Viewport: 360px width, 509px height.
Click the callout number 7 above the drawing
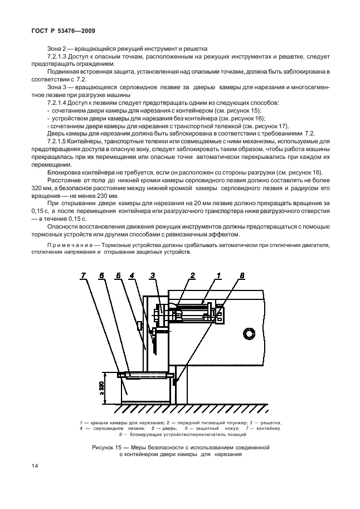(x=83, y=275)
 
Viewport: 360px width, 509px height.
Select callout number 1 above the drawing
(x=219, y=275)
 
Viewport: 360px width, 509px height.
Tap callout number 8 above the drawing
(x=242, y=275)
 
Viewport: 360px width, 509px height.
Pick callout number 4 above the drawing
(x=132, y=275)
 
